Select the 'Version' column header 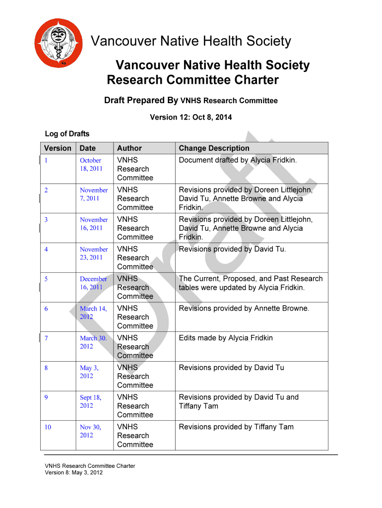[x=58, y=148]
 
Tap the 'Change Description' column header [x=214, y=148]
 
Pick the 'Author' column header [x=129, y=148]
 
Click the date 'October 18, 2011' [x=91, y=164]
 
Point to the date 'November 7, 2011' [x=93, y=194]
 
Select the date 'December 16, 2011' [x=93, y=283]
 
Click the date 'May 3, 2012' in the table [x=89, y=372]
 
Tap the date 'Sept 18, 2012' [x=90, y=401]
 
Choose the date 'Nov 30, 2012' [x=90, y=431]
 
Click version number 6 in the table [x=46, y=309]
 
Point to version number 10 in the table [x=48, y=427]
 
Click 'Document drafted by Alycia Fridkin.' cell [x=238, y=160]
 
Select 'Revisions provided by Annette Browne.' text [x=244, y=309]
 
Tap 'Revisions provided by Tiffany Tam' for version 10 [x=236, y=427]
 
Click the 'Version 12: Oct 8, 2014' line [x=191, y=118]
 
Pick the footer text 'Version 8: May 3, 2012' [x=74, y=473]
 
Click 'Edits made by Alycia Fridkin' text [x=226, y=338]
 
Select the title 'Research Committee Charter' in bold [x=193, y=80]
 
